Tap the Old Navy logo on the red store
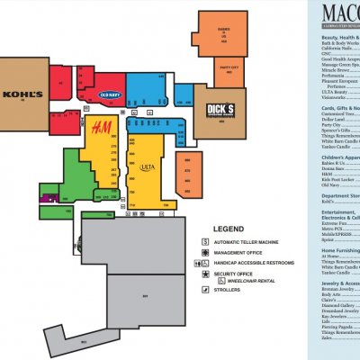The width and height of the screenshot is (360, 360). (109, 94)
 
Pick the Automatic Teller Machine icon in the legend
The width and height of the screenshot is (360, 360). (206, 242)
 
